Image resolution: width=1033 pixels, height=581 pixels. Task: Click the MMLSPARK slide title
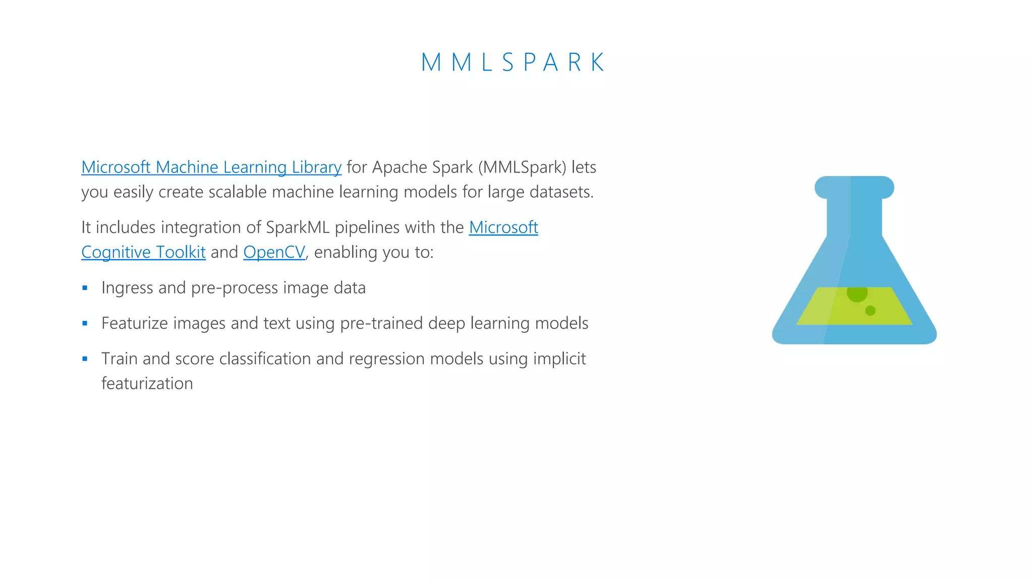(x=512, y=63)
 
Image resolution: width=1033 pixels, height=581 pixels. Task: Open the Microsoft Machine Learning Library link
(x=211, y=167)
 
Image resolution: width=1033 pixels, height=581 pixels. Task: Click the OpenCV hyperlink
(x=274, y=252)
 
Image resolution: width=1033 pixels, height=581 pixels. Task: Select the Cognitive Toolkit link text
(x=143, y=252)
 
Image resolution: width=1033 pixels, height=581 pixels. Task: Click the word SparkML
(x=298, y=227)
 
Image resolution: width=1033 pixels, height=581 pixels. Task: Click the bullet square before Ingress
(x=85, y=288)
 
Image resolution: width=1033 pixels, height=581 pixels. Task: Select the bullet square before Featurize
(x=85, y=323)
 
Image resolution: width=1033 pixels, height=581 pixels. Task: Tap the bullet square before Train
(x=85, y=359)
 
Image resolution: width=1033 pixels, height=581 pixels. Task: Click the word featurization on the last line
(x=147, y=383)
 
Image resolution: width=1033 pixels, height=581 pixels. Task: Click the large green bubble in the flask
(x=856, y=293)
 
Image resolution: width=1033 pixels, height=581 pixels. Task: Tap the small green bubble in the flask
(x=870, y=311)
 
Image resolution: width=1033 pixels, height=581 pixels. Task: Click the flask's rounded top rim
(x=854, y=187)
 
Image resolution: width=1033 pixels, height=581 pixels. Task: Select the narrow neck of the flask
(x=854, y=217)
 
